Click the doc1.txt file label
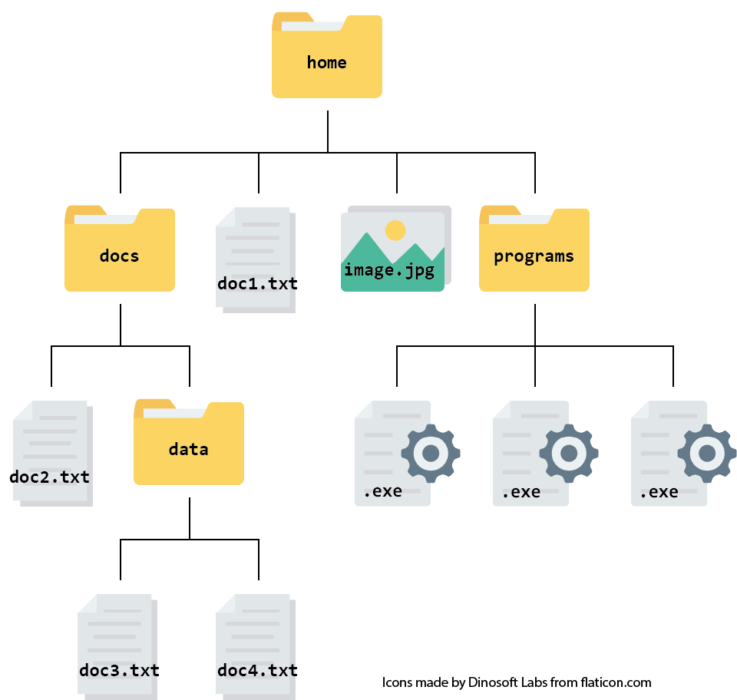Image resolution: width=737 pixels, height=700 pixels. [256, 283]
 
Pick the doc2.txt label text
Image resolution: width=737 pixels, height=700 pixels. [50, 477]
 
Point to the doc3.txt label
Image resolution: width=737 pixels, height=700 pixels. [118, 670]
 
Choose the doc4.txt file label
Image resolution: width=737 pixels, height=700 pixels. [256, 670]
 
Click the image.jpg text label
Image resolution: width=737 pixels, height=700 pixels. [389, 270]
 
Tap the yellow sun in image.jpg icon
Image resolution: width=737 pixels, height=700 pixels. [395, 230]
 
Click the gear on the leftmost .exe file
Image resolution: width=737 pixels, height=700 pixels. [431, 453]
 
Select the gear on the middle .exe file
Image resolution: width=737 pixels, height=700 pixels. [569, 453]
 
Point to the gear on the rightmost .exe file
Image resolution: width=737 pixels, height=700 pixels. [706, 453]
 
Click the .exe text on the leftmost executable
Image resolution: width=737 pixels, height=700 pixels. [382, 491]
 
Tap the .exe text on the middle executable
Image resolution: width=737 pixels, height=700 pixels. [521, 491]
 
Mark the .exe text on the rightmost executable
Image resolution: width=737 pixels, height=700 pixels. [659, 491]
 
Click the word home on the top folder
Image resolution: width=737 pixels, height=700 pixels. [326, 62]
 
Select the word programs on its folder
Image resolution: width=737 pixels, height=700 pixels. [534, 256]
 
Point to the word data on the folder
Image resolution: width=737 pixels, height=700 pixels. [188, 449]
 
